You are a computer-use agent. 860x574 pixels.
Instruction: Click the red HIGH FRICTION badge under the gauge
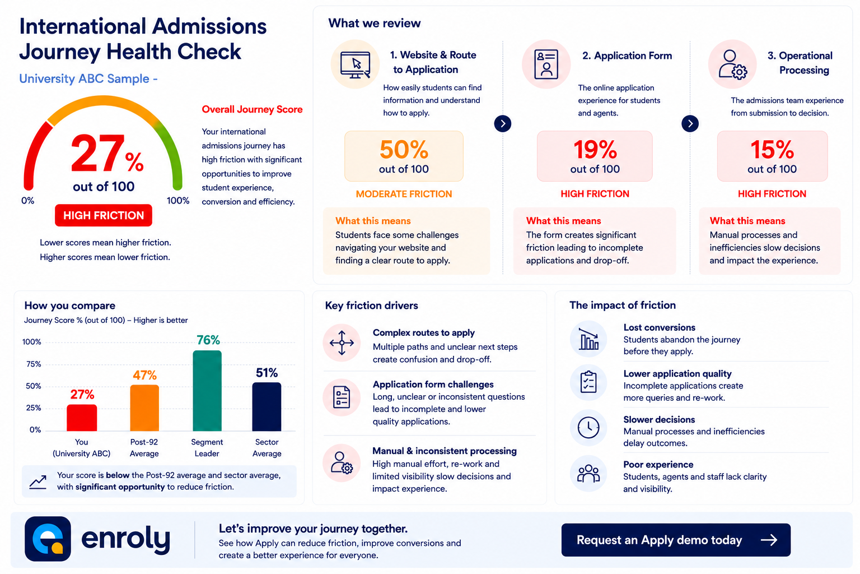(x=103, y=215)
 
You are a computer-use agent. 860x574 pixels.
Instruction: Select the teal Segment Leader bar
(x=207, y=391)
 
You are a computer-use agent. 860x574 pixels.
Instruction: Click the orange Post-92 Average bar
(x=144, y=408)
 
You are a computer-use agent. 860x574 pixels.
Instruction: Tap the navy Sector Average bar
(x=267, y=407)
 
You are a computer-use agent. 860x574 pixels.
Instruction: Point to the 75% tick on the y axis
(x=34, y=364)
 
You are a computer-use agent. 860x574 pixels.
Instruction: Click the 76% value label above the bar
(x=208, y=340)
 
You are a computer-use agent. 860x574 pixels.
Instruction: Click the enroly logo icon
(x=48, y=539)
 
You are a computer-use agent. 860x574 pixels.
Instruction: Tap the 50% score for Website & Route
(x=404, y=149)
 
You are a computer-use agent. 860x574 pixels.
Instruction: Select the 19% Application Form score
(x=595, y=149)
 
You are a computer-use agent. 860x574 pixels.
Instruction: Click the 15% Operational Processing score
(x=772, y=149)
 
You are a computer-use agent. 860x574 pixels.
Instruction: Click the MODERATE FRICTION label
(x=404, y=194)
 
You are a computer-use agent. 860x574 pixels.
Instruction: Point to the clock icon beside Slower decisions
(x=588, y=427)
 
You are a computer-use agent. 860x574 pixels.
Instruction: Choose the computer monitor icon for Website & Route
(x=355, y=64)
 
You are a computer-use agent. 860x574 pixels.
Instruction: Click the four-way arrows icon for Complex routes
(x=342, y=342)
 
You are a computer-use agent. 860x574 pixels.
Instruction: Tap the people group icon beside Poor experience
(x=588, y=473)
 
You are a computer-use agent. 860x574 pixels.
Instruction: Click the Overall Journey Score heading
(x=253, y=109)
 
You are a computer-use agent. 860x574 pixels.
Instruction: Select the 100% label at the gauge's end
(x=177, y=200)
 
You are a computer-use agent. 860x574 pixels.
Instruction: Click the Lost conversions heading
(x=659, y=327)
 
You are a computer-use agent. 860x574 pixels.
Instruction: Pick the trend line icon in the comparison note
(x=38, y=482)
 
